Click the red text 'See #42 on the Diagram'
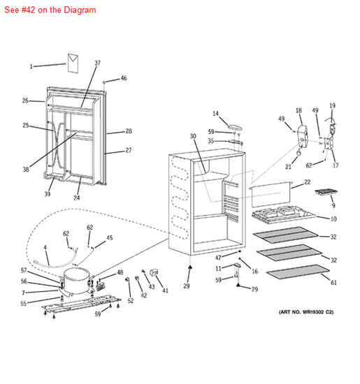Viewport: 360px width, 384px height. point(50,10)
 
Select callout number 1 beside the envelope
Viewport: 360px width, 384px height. point(31,66)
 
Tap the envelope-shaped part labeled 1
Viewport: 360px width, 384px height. point(73,63)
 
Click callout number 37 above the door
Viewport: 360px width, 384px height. point(98,63)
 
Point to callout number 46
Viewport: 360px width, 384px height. point(124,78)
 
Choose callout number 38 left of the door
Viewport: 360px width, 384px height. point(26,169)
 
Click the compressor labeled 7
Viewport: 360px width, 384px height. point(76,281)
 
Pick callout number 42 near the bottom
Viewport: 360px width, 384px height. point(144,295)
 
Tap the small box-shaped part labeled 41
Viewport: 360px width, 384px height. point(154,272)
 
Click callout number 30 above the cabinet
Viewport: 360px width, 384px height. point(193,136)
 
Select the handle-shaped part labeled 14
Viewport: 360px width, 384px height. point(235,127)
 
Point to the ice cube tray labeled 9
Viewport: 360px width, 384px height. point(326,192)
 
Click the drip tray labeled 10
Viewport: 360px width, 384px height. point(283,214)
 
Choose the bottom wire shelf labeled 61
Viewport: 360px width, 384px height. point(298,273)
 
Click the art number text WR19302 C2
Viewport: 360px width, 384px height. point(306,312)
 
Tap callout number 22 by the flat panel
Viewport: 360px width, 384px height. point(308,182)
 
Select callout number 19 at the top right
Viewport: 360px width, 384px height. point(332,105)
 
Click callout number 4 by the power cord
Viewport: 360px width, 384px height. point(45,247)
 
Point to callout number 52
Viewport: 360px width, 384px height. point(131,300)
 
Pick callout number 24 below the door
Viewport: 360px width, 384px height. point(77,198)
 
